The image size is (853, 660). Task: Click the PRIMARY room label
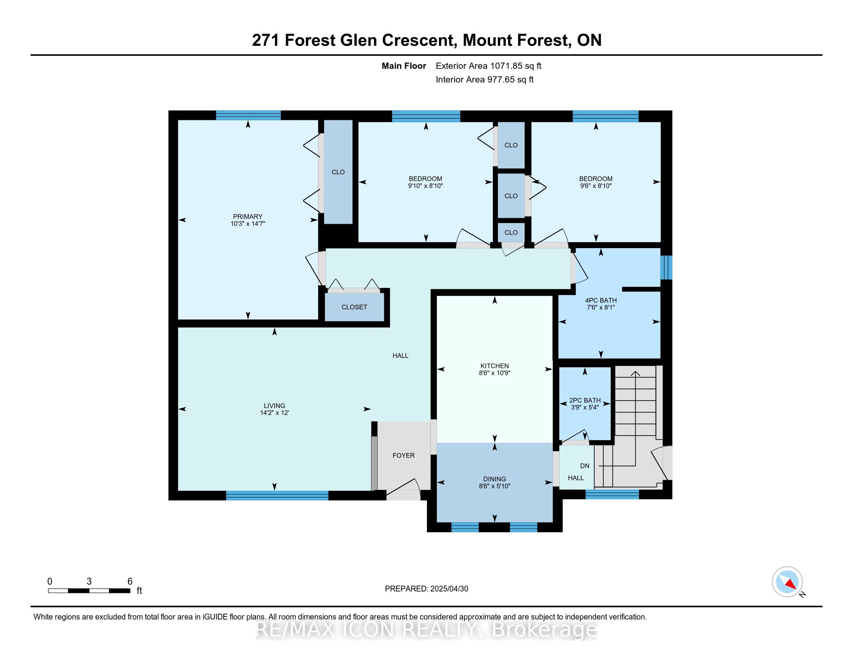pyautogui.click(x=248, y=217)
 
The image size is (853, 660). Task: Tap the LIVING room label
pyautogui.click(x=274, y=406)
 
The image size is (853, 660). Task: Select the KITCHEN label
pyautogui.click(x=494, y=366)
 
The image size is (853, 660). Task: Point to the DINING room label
pyautogui.click(x=494, y=479)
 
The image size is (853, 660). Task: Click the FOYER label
pyautogui.click(x=404, y=455)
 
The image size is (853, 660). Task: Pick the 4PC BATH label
pyautogui.click(x=601, y=300)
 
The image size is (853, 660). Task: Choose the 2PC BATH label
pyautogui.click(x=585, y=400)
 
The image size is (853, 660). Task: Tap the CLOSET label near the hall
pyautogui.click(x=354, y=307)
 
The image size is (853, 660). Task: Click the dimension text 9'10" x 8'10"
pyautogui.click(x=425, y=186)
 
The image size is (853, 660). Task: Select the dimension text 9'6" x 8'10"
pyautogui.click(x=596, y=186)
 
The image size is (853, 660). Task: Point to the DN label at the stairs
pyautogui.click(x=585, y=466)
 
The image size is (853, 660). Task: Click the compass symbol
pyautogui.click(x=787, y=582)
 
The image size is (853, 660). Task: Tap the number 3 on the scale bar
pyautogui.click(x=89, y=582)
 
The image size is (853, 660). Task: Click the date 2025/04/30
pyautogui.click(x=449, y=589)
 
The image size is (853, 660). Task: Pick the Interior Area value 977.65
pyautogui.click(x=501, y=80)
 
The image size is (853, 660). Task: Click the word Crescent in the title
pyautogui.click(x=420, y=40)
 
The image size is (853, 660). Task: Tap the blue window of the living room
pyautogui.click(x=277, y=495)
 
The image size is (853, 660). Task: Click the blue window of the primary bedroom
pyautogui.click(x=248, y=115)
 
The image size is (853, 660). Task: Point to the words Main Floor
pyautogui.click(x=404, y=66)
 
